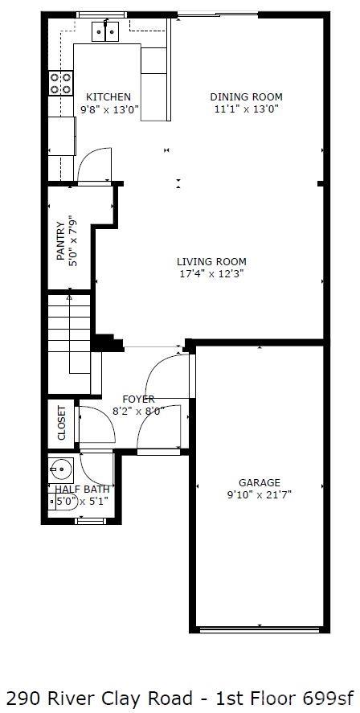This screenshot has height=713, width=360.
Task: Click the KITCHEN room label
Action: (108, 97)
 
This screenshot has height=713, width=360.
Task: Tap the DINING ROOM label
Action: (246, 97)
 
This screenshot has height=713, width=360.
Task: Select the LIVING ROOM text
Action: (211, 261)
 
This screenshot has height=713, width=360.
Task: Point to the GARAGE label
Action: (259, 483)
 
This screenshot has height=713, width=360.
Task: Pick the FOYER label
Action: (138, 400)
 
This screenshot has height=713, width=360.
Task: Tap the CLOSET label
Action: (62, 423)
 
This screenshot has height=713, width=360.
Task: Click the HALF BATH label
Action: (81, 489)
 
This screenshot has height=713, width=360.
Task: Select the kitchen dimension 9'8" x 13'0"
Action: (108, 109)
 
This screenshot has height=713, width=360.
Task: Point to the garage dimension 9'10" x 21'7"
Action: (259, 495)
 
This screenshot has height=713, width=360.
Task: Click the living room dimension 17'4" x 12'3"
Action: (211, 273)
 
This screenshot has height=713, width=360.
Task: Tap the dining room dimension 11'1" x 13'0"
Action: (246, 109)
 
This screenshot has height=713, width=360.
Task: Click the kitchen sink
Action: (106, 31)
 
